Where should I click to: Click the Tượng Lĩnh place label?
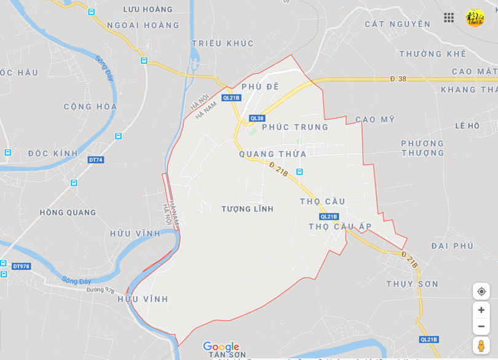[x=247, y=209]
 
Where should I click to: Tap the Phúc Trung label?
[x=295, y=127]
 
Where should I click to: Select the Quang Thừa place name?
[x=272, y=154]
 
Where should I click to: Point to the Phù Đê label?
[x=260, y=87]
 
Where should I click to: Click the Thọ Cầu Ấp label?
[x=340, y=226]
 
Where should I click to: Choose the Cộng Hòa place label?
[x=90, y=106]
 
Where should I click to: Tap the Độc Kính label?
[x=53, y=153]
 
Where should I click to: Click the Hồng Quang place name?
[x=68, y=212]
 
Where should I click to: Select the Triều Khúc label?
[x=223, y=43]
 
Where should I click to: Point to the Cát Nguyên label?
[x=397, y=24]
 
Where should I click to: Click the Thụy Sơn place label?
[x=413, y=284]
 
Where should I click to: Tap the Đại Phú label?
[x=453, y=246]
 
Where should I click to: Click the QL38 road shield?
[x=257, y=118]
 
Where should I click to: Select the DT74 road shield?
[x=95, y=160]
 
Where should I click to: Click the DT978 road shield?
[x=21, y=266]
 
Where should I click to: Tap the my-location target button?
[x=481, y=291]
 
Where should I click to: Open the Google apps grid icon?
[x=449, y=17]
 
